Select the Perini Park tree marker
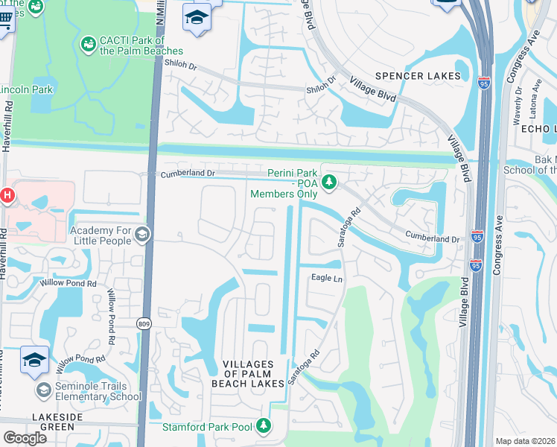click(x=329, y=181)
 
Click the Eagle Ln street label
click(x=326, y=278)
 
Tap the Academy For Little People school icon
click(x=141, y=235)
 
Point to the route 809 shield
click(x=144, y=323)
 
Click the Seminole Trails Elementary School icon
click(x=44, y=390)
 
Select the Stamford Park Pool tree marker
click(x=262, y=425)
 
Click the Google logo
click(x=25, y=437)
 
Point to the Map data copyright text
click(x=525, y=441)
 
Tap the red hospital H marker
click(x=7, y=196)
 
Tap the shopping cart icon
click(x=4, y=22)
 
